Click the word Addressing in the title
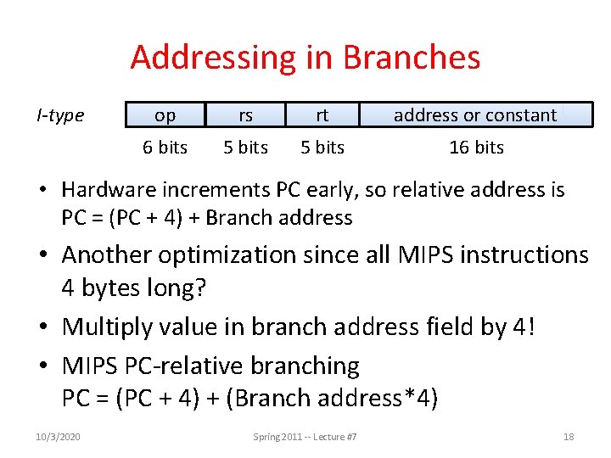coord(210,58)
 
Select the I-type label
coord(60,115)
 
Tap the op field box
coord(165,115)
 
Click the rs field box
coord(245,115)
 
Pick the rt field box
coord(322,115)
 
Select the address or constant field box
coord(475,115)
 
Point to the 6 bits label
coord(165,148)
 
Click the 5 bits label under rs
coord(245,148)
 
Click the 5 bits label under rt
coord(322,148)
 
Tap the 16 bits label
coord(476,148)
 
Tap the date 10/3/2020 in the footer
coord(59,437)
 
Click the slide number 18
coord(569,437)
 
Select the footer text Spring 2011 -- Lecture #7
coord(305,437)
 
